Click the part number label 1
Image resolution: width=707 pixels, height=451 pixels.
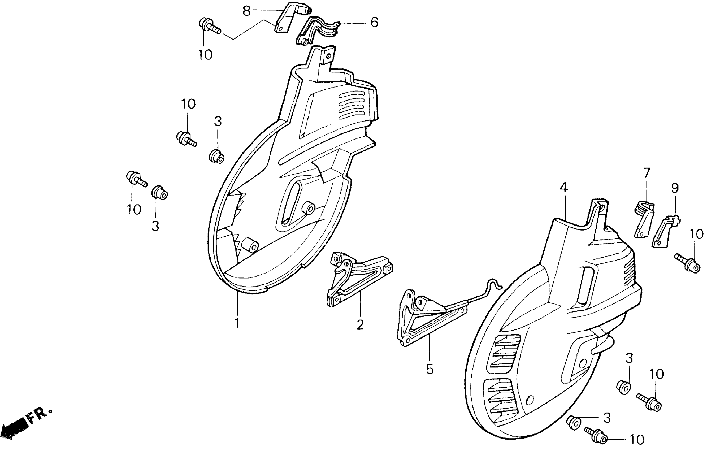[237, 323]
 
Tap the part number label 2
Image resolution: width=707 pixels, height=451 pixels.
[360, 324]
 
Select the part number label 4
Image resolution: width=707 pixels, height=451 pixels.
[563, 187]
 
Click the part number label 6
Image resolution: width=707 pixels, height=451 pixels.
[374, 22]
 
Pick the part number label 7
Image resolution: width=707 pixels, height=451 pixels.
[647, 173]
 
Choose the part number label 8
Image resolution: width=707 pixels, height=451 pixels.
[246, 11]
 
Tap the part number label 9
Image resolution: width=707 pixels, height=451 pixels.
[675, 188]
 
